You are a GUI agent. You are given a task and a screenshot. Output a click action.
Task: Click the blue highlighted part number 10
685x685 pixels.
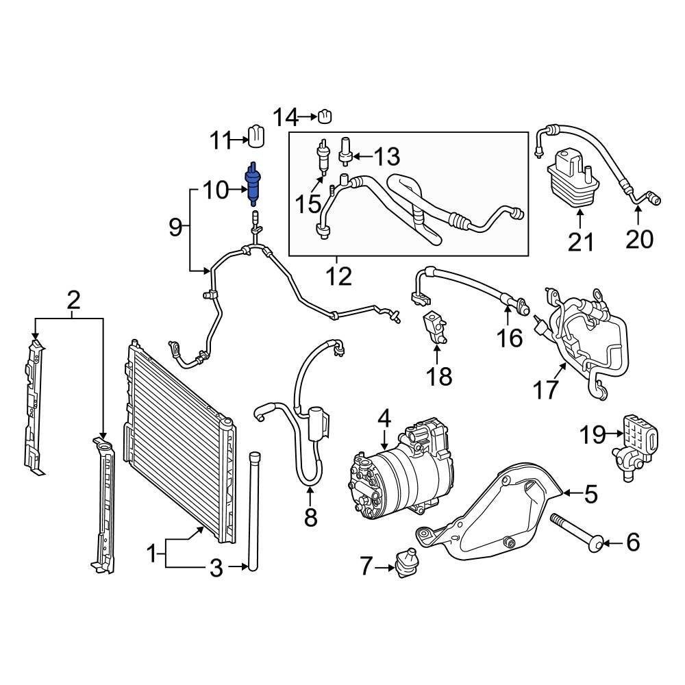[254, 184]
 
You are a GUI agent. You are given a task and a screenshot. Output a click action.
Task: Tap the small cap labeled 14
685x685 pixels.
[325, 117]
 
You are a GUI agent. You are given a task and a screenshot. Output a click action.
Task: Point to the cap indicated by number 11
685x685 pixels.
[256, 136]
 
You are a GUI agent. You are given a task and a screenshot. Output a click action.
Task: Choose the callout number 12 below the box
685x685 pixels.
[338, 276]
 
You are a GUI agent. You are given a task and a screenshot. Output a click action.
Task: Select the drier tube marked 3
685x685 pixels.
[255, 510]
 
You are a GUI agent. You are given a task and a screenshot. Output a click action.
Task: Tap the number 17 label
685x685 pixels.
[546, 390]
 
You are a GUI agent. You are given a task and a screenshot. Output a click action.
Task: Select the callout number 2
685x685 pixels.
[73, 299]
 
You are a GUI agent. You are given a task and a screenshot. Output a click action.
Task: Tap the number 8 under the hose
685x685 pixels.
[310, 517]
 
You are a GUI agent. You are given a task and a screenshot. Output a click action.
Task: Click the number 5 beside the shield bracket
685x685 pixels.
[590, 493]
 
